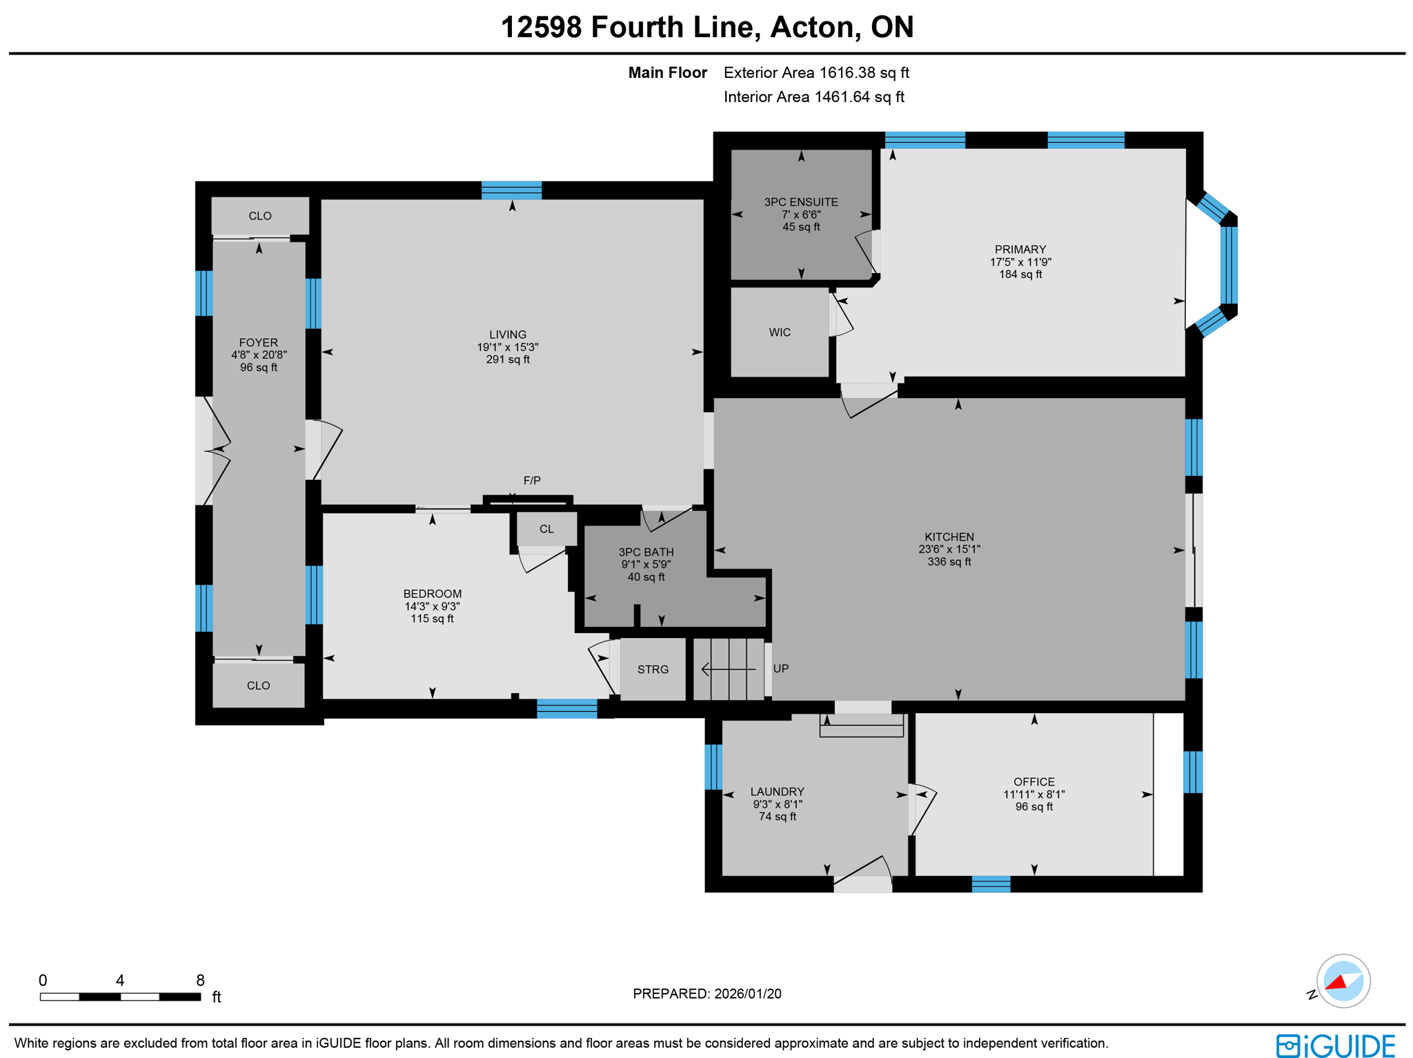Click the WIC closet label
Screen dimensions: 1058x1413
[x=780, y=332]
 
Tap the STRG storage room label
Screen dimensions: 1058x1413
[x=653, y=669]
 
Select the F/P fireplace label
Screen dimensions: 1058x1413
[x=531, y=480]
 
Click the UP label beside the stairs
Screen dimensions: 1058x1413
[x=780, y=668]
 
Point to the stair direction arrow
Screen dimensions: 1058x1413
[x=727, y=669]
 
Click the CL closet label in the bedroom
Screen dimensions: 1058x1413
[x=546, y=529]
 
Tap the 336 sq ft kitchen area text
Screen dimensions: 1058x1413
[x=949, y=561]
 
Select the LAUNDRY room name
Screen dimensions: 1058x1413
[x=777, y=791]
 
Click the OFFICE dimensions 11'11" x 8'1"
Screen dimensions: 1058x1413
[x=1034, y=794]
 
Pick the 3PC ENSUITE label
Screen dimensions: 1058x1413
[x=800, y=202]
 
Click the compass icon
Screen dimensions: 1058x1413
[x=1342, y=981]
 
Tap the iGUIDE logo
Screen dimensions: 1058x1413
[x=1335, y=1045]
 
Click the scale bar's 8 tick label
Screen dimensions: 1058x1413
[x=200, y=980]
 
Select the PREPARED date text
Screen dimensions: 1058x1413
[x=706, y=993]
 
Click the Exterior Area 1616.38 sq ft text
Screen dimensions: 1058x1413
[x=816, y=72]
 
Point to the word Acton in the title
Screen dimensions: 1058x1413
[x=813, y=28]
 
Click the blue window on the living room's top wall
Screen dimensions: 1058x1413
[x=511, y=190]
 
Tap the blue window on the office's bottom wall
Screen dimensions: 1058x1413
[x=991, y=884]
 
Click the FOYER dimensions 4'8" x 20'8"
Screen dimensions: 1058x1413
[x=259, y=355]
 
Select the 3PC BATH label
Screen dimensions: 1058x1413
[x=646, y=552]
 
